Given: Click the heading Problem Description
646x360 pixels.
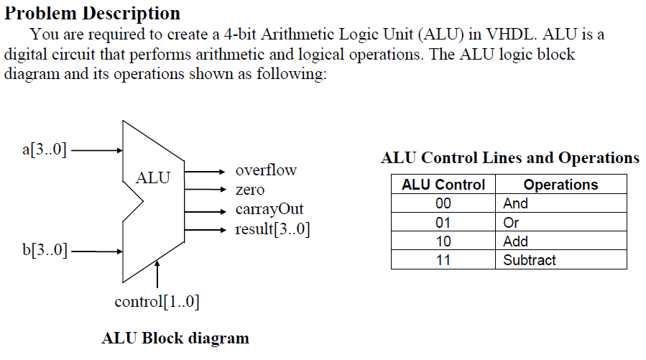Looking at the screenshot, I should point(93,13).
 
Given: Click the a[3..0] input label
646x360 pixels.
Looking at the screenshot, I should point(45,150).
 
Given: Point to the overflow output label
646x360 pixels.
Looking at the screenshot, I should point(265,171).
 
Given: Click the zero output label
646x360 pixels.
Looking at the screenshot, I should point(249,190).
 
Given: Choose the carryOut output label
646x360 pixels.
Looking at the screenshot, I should point(269,210).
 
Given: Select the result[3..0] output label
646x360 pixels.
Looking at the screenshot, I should point(272,230).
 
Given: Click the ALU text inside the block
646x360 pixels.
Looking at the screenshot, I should point(153,177).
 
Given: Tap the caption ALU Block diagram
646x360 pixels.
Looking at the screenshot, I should point(175,338).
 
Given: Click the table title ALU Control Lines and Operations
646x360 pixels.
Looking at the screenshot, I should point(509,158).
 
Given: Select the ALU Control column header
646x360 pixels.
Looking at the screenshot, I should point(443,185).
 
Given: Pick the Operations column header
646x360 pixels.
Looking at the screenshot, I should point(560,185).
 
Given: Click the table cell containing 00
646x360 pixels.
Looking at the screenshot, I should point(443,203).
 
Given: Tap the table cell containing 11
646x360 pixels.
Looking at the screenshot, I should point(443,260).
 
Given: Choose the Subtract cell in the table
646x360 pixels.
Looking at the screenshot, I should point(529,260).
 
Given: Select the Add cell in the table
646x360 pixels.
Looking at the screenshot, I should point(515,241).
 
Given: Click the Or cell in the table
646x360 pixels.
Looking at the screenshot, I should point(511,223).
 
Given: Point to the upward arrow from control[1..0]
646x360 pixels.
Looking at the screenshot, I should point(157,274).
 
